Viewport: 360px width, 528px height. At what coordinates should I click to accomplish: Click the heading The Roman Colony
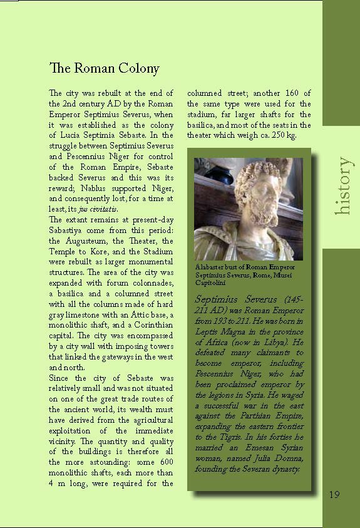[x=104, y=68]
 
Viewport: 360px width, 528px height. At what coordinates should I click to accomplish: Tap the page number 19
[x=334, y=495]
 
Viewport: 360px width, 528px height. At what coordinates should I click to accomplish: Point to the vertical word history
[x=342, y=186]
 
